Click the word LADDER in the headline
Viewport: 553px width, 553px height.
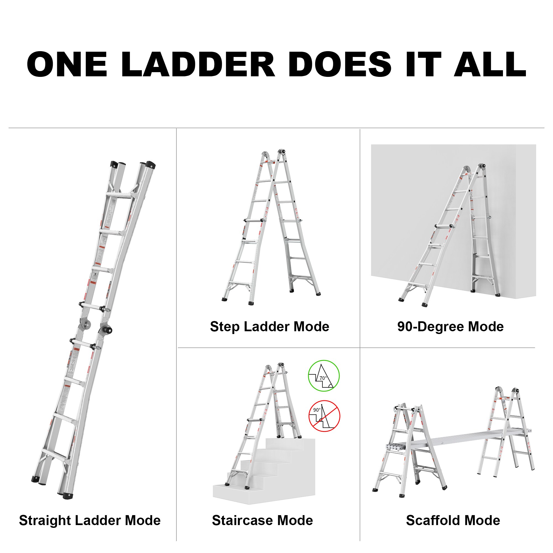coord(198,65)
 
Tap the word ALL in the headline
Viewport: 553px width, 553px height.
coord(490,65)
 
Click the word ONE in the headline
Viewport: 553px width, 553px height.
coord(67,65)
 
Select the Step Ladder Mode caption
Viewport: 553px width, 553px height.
coord(269,327)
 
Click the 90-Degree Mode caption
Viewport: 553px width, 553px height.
coord(450,327)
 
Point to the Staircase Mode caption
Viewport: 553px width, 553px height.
coord(262,520)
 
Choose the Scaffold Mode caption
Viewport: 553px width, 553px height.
coord(453,520)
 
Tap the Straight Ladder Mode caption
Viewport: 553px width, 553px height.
coord(90,520)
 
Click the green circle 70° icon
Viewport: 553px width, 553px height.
coord(324,376)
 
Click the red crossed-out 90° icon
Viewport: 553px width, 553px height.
coord(324,416)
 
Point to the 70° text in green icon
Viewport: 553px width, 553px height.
coord(323,378)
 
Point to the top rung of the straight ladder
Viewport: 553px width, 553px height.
coord(119,195)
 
